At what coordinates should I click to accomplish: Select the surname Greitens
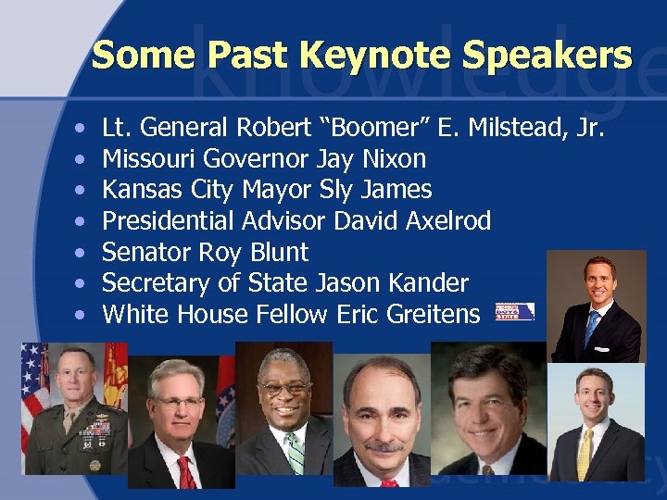(428, 314)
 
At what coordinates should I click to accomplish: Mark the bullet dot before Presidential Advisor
(82, 222)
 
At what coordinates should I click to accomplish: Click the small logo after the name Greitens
(514, 311)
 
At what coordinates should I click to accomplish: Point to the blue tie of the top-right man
(592, 326)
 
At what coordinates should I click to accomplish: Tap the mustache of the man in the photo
(383, 446)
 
